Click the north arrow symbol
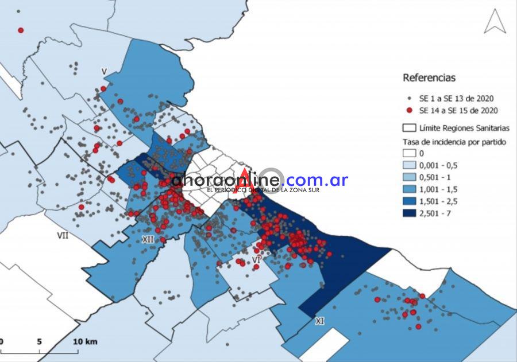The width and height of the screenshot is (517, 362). pyautogui.click(x=495, y=22)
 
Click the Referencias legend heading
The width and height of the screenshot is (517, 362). pyautogui.click(x=429, y=77)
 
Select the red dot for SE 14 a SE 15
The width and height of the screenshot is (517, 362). pyautogui.click(x=409, y=111)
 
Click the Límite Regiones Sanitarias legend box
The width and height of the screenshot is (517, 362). pyautogui.click(x=409, y=128)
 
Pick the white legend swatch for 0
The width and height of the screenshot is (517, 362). pyautogui.click(x=409, y=153)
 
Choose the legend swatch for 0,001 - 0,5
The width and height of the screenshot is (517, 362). pyautogui.click(x=409, y=165)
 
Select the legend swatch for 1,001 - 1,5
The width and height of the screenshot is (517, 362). pyautogui.click(x=409, y=189)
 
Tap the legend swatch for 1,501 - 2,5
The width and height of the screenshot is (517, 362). pyautogui.click(x=409, y=201)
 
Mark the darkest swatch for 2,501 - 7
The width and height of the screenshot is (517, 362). pyautogui.click(x=409, y=213)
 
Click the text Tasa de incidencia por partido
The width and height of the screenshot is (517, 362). pyautogui.click(x=454, y=142)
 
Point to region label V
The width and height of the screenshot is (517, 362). pyautogui.click(x=104, y=71)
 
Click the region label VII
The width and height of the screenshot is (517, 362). pyautogui.click(x=63, y=235)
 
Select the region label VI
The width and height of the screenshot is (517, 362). pyautogui.click(x=257, y=261)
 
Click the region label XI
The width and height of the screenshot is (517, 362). pyautogui.click(x=319, y=322)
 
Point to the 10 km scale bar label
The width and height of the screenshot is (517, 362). pyautogui.click(x=84, y=342)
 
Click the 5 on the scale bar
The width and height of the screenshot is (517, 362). pyautogui.click(x=39, y=342)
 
